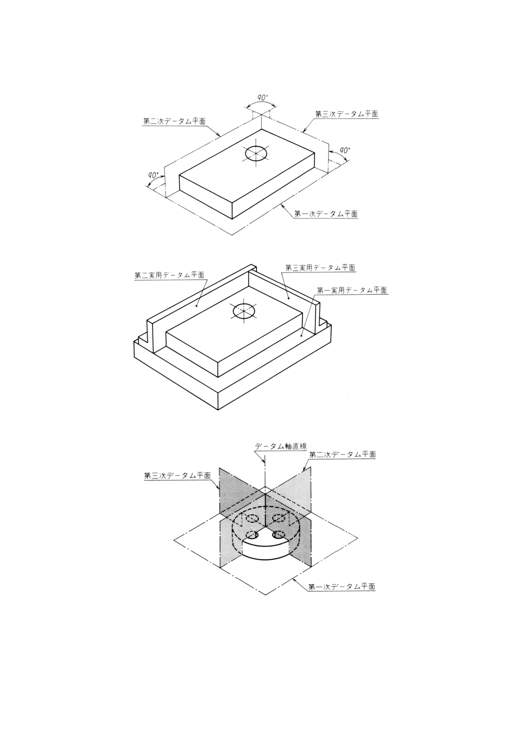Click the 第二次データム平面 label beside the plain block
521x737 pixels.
(174, 121)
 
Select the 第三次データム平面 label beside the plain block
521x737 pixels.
(346, 114)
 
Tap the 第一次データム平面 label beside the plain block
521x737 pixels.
(326, 214)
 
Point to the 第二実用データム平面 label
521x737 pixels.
(169, 276)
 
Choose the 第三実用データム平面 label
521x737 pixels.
(320, 268)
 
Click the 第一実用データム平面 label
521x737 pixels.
(352, 290)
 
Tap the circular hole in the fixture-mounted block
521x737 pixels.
(245, 311)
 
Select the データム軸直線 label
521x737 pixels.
(281, 447)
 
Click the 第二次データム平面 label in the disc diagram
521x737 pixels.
(342, 454)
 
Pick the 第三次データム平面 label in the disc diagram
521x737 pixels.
(177, 476)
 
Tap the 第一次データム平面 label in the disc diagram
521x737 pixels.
(341, 587)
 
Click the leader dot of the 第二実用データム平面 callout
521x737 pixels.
(196, 306)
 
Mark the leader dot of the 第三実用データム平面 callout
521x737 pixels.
(289, 297)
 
